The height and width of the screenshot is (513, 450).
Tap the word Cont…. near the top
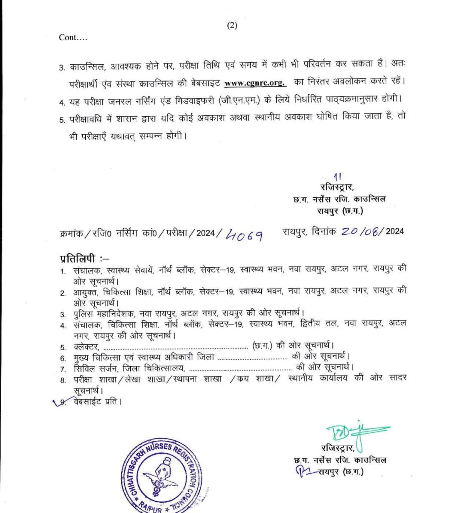[x=73, y=37]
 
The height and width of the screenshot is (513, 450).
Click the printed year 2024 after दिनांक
[x=395, y=231]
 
